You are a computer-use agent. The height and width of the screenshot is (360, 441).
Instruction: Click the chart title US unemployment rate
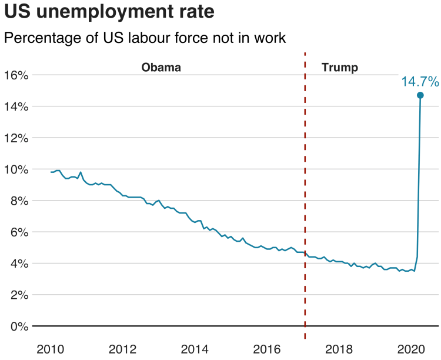click(109, 12)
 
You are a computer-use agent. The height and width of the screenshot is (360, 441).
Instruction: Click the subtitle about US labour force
click(145, 38)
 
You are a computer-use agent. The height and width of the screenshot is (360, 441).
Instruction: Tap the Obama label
click(161, 67)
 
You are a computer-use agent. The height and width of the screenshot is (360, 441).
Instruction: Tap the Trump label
click(340, 67)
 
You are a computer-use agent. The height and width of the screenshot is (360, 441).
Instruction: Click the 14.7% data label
click(420, 81)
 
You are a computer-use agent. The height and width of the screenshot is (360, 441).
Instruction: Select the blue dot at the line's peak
click(420, 95)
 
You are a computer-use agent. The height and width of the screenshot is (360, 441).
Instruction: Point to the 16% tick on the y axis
click(16, 75)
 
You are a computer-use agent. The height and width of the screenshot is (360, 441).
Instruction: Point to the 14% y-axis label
click(16, 106)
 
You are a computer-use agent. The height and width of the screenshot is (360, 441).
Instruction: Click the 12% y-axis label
click(16, 138)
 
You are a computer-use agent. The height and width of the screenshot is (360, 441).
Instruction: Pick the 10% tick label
click(16, 169)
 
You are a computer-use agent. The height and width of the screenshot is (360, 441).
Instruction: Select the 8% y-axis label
click(19, 201)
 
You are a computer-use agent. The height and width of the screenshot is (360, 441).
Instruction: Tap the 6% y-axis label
click(19, 232)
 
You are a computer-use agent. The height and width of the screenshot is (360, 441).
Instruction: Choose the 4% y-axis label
click(19, 263)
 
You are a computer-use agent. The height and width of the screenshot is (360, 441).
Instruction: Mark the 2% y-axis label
click(19, 295)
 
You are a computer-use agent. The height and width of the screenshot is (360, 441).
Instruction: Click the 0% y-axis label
click(19, 326)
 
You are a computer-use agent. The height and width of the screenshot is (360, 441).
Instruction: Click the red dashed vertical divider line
click(305, 194)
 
